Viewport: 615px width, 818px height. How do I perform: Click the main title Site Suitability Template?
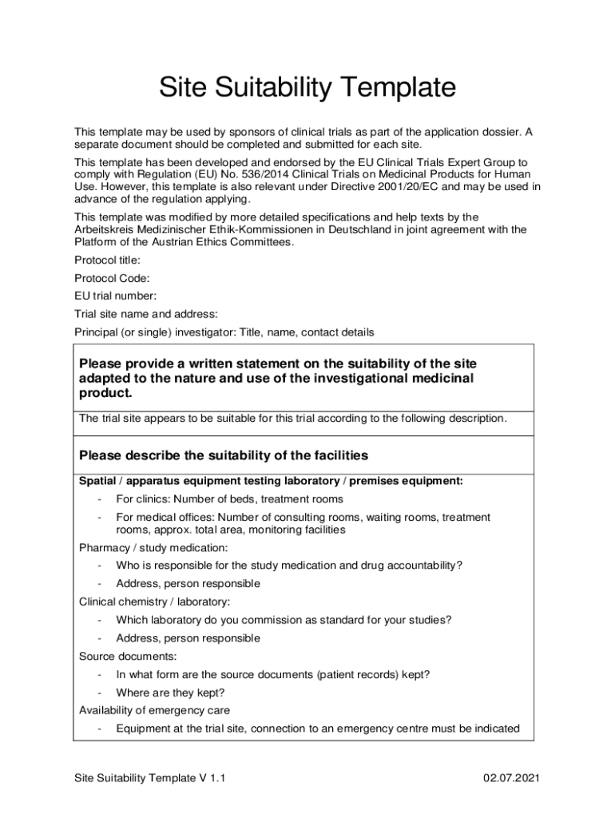click(307, 87)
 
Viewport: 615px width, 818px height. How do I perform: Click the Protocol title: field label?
click(108, 260)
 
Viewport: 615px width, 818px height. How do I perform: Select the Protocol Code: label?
click(112, 278)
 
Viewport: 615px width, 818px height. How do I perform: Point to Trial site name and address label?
click(146, 314)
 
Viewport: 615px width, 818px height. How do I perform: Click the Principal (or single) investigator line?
click(224, 332)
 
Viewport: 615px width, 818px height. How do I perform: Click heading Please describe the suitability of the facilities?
click(224, 455)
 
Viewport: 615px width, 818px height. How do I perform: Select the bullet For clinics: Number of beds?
click(229, 499)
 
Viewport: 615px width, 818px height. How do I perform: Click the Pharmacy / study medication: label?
click(153, 547)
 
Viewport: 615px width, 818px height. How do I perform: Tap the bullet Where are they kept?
click(170, 693)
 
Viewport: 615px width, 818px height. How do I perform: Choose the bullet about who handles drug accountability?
click(289, 566)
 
